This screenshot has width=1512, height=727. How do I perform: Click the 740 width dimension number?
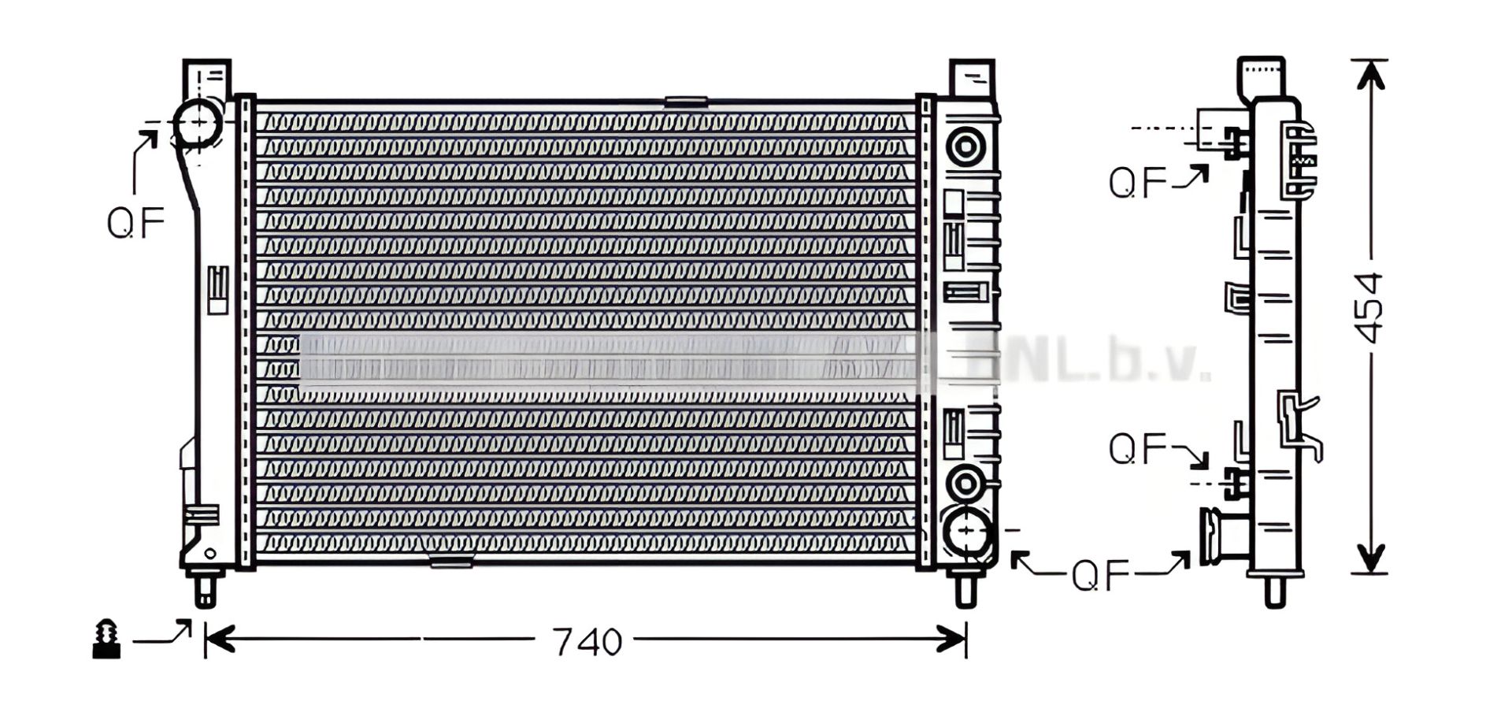[587, 643]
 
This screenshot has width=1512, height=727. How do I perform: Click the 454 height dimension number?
[1369, 308]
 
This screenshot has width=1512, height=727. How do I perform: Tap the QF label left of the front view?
[135, 223]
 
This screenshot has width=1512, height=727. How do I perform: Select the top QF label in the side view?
[1137, 183]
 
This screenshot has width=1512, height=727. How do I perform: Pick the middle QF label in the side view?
[1137, 449]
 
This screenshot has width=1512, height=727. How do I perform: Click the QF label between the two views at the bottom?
[1100, 576]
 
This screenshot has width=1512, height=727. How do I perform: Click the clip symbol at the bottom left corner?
[106, 640]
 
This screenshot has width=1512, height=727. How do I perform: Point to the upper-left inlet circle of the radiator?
[196, 123]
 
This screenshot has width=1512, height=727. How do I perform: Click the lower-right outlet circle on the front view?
[967, 533]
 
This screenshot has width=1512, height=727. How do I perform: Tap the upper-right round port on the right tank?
[965, 147]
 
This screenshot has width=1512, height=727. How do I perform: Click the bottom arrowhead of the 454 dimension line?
[1370, 560]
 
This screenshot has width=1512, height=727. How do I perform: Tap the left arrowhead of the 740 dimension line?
[219, 640]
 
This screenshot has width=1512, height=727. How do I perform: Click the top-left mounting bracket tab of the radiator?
[207, 79]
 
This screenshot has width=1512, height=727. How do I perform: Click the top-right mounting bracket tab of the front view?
[972, 78]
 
